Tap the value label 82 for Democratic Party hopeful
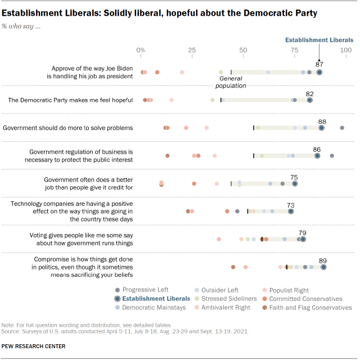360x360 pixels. [x=309, y=93]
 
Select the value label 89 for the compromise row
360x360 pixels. [x=323, y=260]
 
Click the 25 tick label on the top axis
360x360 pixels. [x=192, y=51]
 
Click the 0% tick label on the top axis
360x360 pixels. [x=141, y=51]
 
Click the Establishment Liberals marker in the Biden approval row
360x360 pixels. [x=319, y=72]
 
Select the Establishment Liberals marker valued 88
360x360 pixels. [x=321, y=128]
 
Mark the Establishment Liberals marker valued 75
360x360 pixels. [x=294, y=183]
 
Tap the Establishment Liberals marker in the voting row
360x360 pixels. [x=303, y=239]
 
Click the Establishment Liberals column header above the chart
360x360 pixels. [x=319, y=40]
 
